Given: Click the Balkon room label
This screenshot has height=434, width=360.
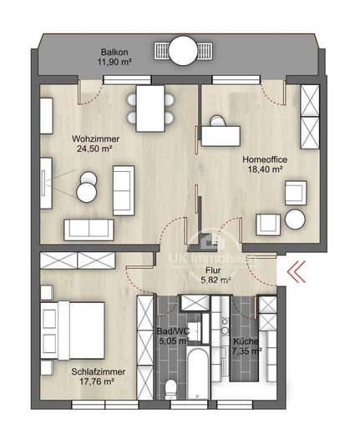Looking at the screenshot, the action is [x=114, y=52].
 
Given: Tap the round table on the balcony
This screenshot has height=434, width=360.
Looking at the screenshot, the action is [x=183, y=51].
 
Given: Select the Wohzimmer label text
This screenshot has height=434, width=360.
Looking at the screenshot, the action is [x=95, y=139].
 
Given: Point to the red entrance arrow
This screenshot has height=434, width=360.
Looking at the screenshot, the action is [x=297, y=272].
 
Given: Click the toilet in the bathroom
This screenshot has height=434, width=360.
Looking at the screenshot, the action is [x=170, y=390].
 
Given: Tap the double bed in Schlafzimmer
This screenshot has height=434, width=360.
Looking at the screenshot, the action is [x=73, y=331].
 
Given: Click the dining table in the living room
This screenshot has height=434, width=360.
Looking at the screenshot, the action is [x=150, y=108].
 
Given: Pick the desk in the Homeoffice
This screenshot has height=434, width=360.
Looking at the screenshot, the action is [x=221, y=136].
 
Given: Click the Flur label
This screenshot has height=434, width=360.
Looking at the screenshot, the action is [x=213, y=270].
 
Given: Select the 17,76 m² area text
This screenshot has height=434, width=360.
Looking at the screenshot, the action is [x=97, y=381].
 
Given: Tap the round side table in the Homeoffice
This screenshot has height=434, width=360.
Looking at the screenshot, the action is [x=295, y=220].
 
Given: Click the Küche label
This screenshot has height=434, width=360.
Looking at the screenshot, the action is [x=246, y=341].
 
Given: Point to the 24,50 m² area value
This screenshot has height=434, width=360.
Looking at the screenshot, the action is [x=94, y=149].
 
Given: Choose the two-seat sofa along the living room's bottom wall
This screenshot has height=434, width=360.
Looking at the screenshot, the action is [x=89, y=230].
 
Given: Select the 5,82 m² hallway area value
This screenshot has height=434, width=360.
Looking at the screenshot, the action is [x=215, y=280].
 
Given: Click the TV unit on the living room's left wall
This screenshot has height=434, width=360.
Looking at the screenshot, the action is [x=46, y=183].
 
